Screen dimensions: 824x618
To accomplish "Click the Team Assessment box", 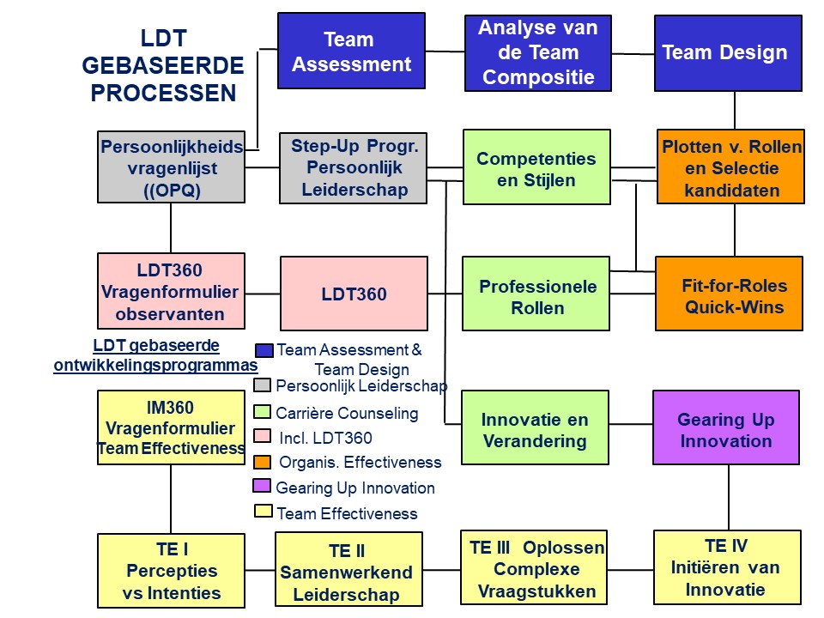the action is [x=351, y=51].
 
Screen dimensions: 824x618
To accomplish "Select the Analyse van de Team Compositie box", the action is [x=538, y=53].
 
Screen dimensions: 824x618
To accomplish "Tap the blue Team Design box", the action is [x=728, y=53].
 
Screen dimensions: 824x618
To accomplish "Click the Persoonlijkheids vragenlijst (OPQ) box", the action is [x=172, y=167].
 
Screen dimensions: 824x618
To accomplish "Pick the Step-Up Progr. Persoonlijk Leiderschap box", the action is [x=353, y=168].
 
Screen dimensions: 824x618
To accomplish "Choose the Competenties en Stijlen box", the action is [x=536, y=167].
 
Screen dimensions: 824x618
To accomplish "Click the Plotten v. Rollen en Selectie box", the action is [x=730, y=167].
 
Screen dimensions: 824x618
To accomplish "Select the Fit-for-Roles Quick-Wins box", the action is [x=729, y=294].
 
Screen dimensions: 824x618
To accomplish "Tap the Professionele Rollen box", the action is [x=536, y=294].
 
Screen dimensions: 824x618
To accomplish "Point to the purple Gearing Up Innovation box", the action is [x=726, y=427].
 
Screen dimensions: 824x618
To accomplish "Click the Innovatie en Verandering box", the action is [x=535, y=427].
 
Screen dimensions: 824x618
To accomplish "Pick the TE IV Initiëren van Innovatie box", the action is [x=727, y=567].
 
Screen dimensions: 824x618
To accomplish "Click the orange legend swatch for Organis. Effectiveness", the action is [x=263, y=462].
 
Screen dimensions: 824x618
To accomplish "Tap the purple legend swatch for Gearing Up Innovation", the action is [x=262, y=486].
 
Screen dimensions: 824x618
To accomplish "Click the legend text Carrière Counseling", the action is [x=347, y=413].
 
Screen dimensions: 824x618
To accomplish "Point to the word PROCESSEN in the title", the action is [x=163, y=93].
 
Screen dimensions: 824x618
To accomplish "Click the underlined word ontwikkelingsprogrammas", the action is [x=155, y=366].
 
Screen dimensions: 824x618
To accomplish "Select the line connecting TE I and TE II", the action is [x=260, y=570].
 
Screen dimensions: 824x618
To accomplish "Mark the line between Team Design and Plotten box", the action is [x=735, y=111].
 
